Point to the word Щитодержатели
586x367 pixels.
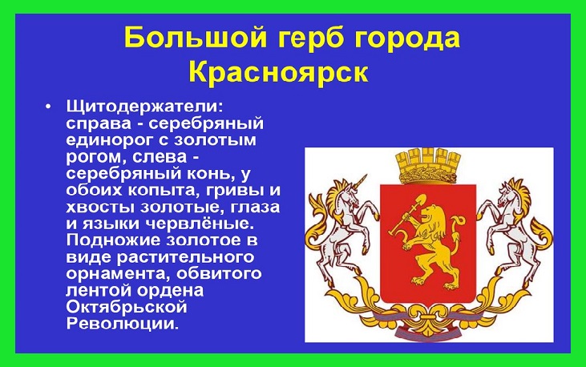pyautogui.click(x=144, y=107)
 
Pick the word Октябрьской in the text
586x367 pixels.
pyautogui.click(x=127, y=307)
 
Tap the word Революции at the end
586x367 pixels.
pyautogui.click(x=123, y=323)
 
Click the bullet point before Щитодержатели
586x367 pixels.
pyautogui.click(x=47, y=107)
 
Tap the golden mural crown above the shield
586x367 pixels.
pyautogui.click(x=428, y=166)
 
